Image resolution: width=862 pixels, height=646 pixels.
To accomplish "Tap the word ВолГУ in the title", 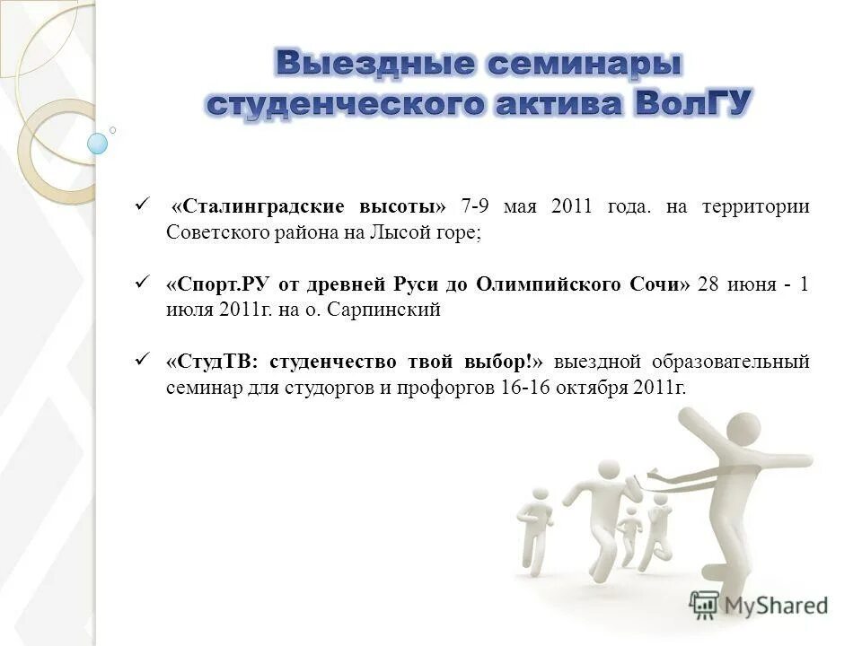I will [x=693, y=103].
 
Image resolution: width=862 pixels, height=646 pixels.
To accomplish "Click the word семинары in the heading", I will [x=582, y=64].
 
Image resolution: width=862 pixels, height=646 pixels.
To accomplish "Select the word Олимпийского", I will [x=538, y=284].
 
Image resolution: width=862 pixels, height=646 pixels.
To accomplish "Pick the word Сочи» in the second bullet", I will [x=661, y=284].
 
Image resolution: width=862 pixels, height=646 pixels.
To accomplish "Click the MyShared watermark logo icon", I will [x=704, y=605].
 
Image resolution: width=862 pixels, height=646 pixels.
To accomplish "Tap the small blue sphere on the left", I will [x=97, y=143].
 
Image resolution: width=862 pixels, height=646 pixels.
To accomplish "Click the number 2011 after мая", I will [x=572, y=206].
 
